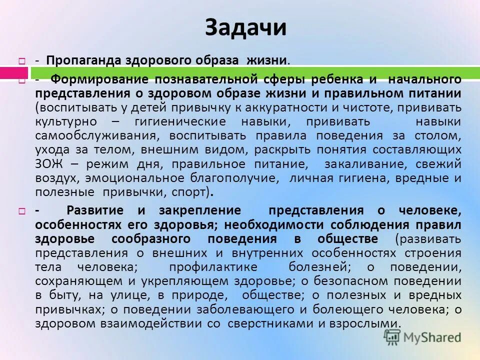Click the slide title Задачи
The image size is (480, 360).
[x=245, y=28]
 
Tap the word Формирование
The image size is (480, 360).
[x=99, y=80]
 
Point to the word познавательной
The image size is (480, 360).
[x=203, y=80]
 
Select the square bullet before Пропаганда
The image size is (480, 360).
[x=22, y=60]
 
